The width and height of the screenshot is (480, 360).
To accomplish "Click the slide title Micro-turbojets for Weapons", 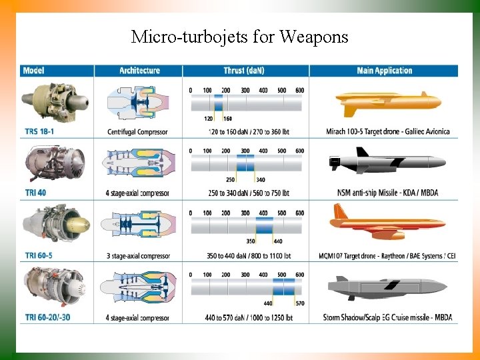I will point(239,36).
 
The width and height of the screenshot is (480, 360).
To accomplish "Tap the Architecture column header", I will point(139,71).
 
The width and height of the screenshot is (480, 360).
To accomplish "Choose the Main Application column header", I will point(384,71).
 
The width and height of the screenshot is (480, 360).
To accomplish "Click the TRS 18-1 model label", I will point(39,132).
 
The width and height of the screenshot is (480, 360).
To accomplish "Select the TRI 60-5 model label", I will point(39,255).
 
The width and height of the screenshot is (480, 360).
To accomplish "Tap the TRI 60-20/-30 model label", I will point(47,317).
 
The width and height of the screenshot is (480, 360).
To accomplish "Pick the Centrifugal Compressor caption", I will point(137,132).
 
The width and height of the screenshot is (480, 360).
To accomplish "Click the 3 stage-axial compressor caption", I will point(137,255).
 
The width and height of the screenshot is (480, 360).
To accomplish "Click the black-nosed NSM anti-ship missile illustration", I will point(387,163).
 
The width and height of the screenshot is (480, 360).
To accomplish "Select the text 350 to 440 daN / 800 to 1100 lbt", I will point(245,255).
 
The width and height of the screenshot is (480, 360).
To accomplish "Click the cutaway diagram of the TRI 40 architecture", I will point(138,163).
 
